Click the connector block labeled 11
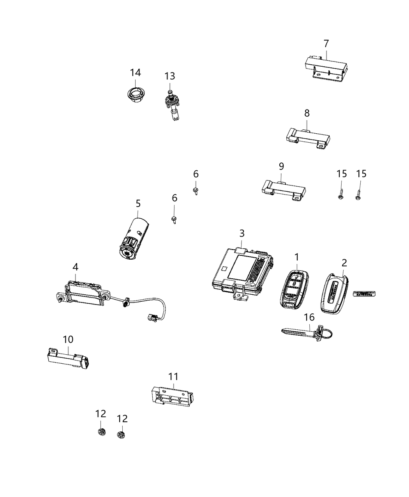(x=172, y=396)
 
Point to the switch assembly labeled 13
(x=171, y=103)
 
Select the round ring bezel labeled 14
(x=135, y=95)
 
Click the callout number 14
(x=135, y=73)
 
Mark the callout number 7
(x=326, y=43)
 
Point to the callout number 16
(x=309, y=317)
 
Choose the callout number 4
(x=75, y=267)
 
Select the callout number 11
(x=173, y=376)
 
